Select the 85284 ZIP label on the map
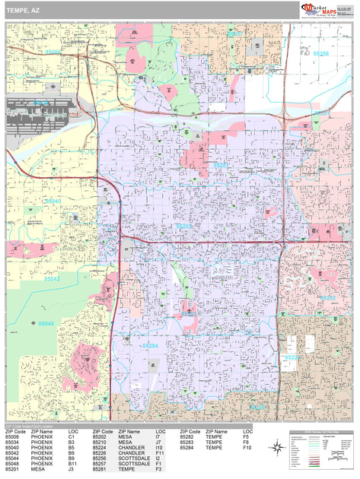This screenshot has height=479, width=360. click(150, 347)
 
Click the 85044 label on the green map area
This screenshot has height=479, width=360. click(46, 324)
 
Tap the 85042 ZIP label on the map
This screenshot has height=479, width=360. click(52, 280)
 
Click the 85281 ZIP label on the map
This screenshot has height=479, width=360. click(220, 164)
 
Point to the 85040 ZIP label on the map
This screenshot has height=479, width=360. click(53, 201)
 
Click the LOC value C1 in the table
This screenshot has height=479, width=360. click(72, 437)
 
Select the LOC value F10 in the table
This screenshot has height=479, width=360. click(247, 448)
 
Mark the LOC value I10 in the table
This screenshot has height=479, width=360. click(158, 448)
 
